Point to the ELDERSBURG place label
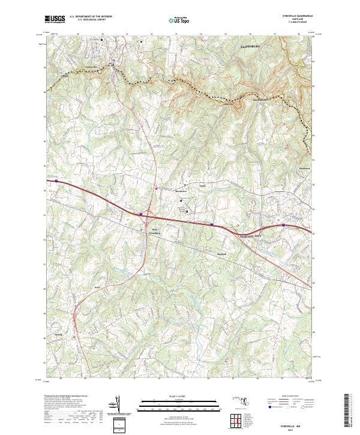[x=252, y=46]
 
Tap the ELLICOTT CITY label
[x=248, y=236]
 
